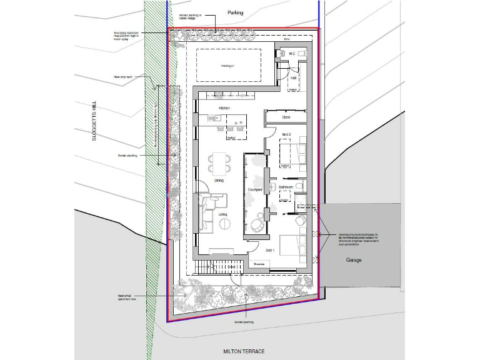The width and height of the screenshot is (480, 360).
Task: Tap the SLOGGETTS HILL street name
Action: pyautogui.click(x=94, y=122)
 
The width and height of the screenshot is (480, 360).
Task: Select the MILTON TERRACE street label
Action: pyautogui.click(x=243, y=351)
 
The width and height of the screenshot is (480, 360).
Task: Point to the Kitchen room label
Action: pyautogui.click(x=224, y=108)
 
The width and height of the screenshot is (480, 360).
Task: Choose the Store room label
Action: pyautogui.click(x=287, y=116)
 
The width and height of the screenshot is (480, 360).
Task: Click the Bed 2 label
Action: pyautogui.click(x=286, y=134)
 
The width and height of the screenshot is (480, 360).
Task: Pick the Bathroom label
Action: pyautogui.click(x=287, y=186)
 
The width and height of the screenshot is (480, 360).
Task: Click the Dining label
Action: pyautogui.click(x=219, y=181)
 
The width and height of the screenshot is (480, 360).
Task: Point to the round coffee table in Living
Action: pyautogui.click(x=222, y=224)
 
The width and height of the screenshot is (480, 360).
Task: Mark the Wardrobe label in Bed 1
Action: pyautogui.click(x=259, y=264)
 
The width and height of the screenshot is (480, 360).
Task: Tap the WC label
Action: pyautogui.click(x=291, y=54)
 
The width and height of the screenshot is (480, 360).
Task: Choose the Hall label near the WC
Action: pyautogui.click(x=292, y=78)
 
